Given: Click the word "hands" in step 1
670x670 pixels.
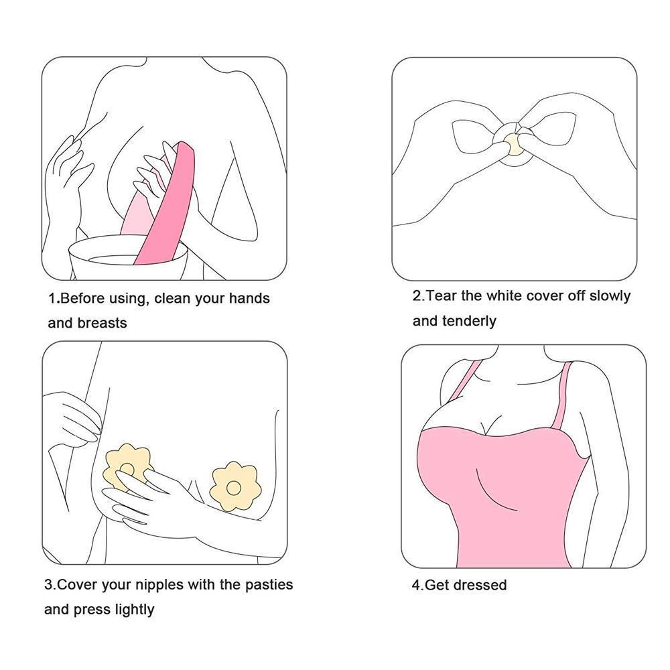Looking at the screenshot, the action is pos(249,298).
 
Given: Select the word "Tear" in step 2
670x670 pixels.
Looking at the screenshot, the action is pos(442,295).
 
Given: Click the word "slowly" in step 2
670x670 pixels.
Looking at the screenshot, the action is pos(610,295).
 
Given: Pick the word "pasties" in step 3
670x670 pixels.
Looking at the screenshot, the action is pos(269,584).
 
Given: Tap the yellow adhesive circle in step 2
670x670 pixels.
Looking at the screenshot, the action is pos(513,143).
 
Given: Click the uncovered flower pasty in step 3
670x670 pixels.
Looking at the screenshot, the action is pos(233,486).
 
